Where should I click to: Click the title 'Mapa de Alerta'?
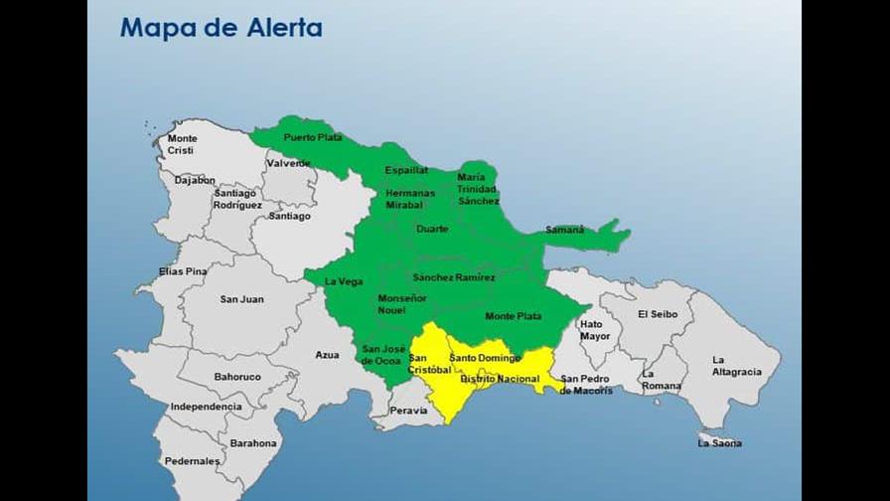(x=221, y=28)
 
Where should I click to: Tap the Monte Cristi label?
(x=182, y=144)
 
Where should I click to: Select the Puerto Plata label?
(x=313, y=137)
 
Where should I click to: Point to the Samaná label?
(x=565, y=230)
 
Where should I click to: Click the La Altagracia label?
(x=736, y=366)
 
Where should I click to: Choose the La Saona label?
(x=719, y=443)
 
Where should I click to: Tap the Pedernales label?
(x=193, y=461)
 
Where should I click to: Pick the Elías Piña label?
(x=183, y=271)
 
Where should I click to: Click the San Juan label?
(x=241, y=298)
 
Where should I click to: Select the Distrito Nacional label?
(x=499, y=379)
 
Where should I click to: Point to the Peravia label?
(x=408, y=410)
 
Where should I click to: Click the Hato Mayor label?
(x=596, y=330)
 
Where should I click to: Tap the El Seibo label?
(x=658, y=314)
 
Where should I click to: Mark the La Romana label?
(x=662, y=380)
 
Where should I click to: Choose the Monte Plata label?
(x=514, y=316)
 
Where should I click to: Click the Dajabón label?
(x=195, y=180)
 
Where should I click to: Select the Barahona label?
(x=253, y=443)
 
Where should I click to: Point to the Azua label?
(x=327, y=355)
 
